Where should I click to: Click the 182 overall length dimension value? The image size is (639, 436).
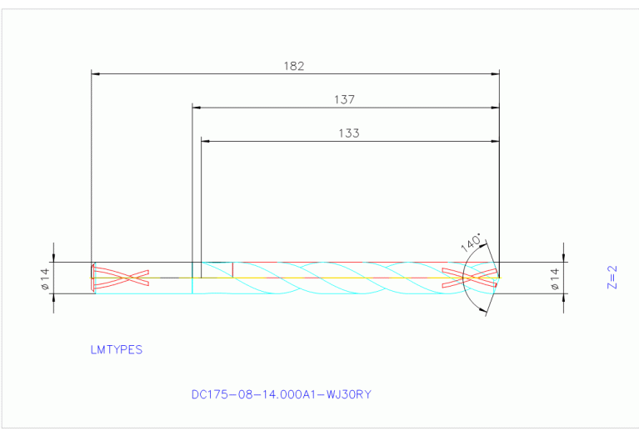coord(295,65)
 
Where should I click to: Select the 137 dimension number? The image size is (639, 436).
coord(345,99)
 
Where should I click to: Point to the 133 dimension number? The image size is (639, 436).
coord(349,133)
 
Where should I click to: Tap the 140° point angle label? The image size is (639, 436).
coord(471,242)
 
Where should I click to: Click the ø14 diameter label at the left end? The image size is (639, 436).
coord(46,278)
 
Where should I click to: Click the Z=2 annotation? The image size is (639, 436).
coord(612,277)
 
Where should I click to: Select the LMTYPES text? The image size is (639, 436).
coord(116,350)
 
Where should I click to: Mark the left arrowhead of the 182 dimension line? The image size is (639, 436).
coord(95,74)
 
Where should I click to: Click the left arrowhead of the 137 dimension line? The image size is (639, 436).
coord(197,108)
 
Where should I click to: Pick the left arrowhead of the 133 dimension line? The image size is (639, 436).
coord(206,141)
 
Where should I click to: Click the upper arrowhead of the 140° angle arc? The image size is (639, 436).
coord(484,246)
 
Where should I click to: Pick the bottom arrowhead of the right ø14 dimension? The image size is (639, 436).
coord(564,298)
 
